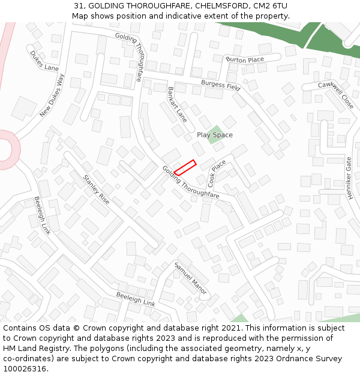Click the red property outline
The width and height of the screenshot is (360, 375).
tap(185, 168)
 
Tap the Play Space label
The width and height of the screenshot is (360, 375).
tap(214, 135)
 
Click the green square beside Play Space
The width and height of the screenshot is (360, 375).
tap(215, 136)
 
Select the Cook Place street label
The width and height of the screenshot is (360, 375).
tap(217, 172)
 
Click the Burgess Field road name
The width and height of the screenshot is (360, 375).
tap(220, 85)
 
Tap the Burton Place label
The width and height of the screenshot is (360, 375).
tap(244, 60)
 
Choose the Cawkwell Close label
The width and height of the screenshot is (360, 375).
tap(336, 95)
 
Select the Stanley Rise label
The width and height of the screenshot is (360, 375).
tap(96, 190)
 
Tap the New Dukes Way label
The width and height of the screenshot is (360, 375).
tap(52, 95)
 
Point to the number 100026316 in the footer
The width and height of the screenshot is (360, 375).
tap(25, 369)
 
